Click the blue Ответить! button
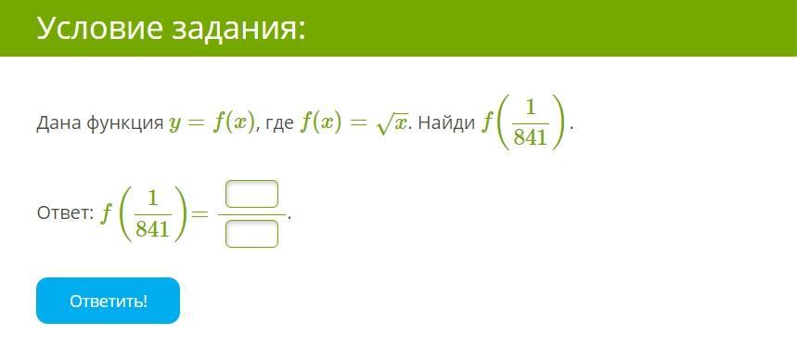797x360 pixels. tap(108, 301)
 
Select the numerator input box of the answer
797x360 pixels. tap(251, 194)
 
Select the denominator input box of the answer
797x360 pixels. tap(251, 234)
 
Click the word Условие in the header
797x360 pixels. tap(99, 28)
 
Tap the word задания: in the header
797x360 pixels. tap(238, 29)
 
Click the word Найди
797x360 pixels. tap(446, 123)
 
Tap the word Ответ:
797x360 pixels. tap(65, 213)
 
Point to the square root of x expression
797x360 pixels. tap(392, 125)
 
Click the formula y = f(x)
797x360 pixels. tap(211, 124)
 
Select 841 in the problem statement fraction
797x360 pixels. tap(531, 136)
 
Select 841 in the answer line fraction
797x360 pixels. tap(152, 230)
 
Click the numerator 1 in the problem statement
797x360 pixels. tap(531, 109)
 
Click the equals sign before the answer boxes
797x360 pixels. tap(199, 214)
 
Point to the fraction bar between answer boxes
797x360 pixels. tap(251, 214)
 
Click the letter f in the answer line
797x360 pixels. tap(106, 214)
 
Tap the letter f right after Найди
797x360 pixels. tap(487, 124)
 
